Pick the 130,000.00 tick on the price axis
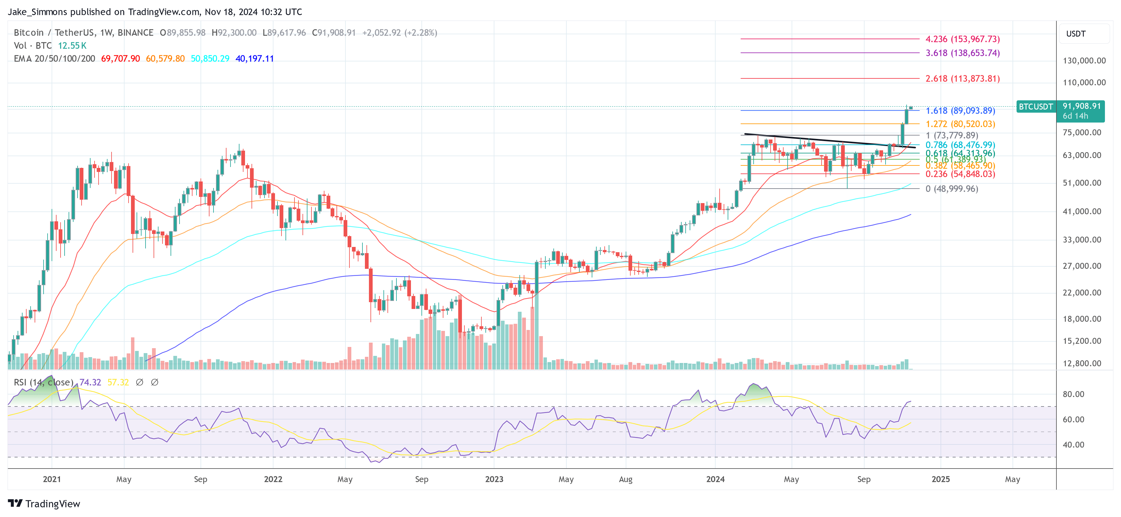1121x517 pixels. pos(1084,60)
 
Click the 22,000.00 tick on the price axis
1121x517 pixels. pos(1081,293)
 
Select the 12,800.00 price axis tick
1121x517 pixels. pos(1081,364)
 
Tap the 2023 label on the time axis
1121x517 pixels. pos(494,479)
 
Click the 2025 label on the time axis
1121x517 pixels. pos(941,479)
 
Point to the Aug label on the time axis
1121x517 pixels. pos(625,479)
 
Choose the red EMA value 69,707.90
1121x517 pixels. pos(121,59)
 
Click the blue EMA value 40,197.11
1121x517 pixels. pos(255,59)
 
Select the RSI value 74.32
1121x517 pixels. pos(90,382)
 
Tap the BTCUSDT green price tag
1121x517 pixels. pos(1036,106)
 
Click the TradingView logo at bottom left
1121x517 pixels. pos(44,503)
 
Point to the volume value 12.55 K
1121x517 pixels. pos(72,46)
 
